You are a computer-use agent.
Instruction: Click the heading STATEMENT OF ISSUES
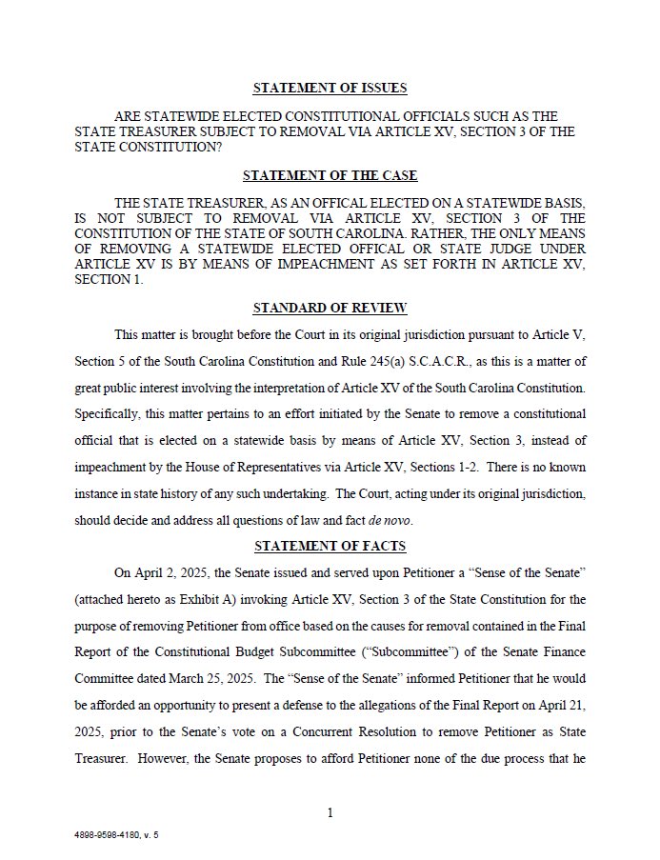pos(330,89)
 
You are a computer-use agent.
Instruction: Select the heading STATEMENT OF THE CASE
pos(330,176)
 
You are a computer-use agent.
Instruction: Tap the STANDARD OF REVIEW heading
pos(330,308)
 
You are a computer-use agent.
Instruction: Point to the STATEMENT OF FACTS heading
pos(330,546)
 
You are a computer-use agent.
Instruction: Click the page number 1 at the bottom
pos(330,812)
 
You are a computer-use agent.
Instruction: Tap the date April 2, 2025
pos(170,572)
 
